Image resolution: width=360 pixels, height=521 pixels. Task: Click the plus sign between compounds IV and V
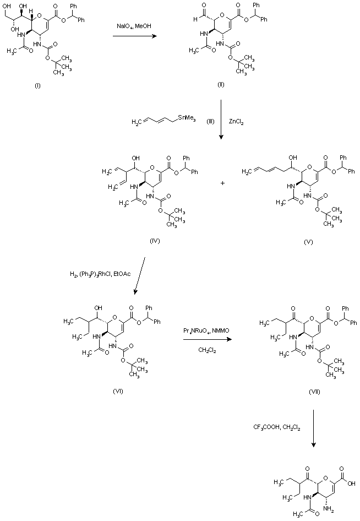[x=222, y=182]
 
